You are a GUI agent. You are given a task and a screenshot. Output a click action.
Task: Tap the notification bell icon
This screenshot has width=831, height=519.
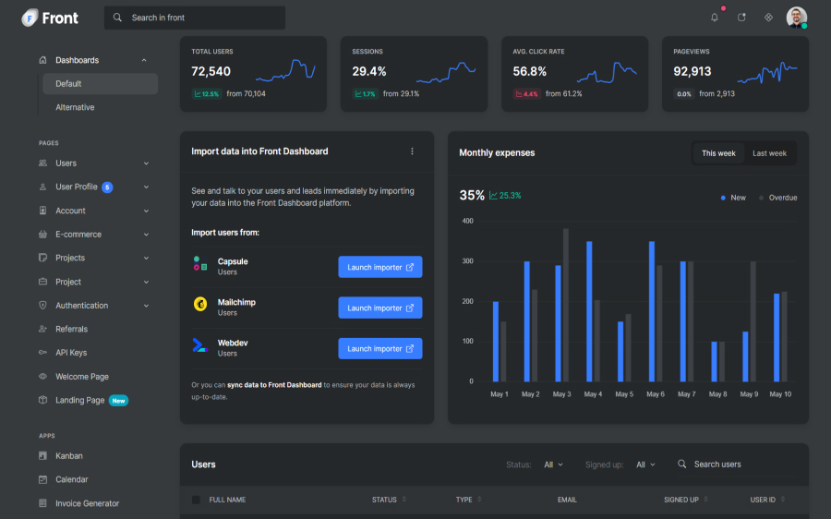tap(714, 18)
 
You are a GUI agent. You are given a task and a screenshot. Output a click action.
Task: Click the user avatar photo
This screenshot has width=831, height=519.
tap(796, 18)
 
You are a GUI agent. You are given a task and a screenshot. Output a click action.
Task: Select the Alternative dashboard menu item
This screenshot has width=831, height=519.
tap(75, 107)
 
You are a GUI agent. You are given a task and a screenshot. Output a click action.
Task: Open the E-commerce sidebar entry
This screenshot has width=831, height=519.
tap(78, 235)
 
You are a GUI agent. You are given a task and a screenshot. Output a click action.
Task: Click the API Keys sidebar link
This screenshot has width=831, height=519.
tap(71, 353)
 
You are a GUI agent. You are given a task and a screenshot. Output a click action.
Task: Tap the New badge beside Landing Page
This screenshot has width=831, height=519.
tap(118, 401)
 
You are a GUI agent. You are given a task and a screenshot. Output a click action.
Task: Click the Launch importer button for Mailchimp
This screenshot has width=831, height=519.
tap(379, 308)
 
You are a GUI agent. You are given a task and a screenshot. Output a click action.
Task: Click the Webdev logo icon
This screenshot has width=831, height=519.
tap(199, 345)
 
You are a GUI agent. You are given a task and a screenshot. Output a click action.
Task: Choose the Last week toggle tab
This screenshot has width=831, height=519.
tap(769, 153)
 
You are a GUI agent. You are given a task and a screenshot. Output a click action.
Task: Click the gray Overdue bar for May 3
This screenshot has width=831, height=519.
tap(566, 305)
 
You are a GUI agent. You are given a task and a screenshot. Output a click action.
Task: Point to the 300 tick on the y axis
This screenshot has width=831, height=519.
tap(467, 261)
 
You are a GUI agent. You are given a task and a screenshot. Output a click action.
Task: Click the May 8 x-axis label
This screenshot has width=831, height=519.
tap(717, 394)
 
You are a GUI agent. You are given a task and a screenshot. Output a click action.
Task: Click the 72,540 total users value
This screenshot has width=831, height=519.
tap(211, 71)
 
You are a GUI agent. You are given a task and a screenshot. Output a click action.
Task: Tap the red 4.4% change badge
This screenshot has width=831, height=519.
tap(525, 94)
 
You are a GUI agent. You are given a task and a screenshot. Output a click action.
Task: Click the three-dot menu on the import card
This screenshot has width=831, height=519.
tap(412, 151)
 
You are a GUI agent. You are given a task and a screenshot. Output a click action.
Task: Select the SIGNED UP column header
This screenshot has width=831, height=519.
tap(681, 500)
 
